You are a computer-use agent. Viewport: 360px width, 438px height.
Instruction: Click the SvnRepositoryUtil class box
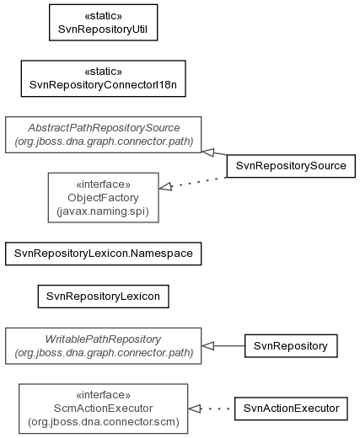pyautogui.click(x=103, y=23)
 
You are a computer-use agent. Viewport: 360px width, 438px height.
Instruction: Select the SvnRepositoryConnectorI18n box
pyautogui.click(x=103, y=78)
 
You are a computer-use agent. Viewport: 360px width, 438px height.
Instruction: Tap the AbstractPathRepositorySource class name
pyautogui.click(x=104, y=128)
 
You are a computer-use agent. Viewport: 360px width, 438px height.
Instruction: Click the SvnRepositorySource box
pyautogui.click(x=291, y=166)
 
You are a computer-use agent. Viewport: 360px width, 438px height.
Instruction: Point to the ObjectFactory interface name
pyautogui.click(x=103, y=198)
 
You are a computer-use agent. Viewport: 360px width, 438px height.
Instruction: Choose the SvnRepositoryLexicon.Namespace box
pyautogui.click(x=103, y=254)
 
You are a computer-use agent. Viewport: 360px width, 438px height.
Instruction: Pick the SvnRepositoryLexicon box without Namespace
pyautogui.click(x=103, y=296)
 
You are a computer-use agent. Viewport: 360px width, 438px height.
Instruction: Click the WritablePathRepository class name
pyautogui.click(x=103, y=339)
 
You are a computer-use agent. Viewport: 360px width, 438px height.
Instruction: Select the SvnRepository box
pyautogui.click(x=291, y=346)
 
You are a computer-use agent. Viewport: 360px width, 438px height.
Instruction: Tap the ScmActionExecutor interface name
pyautogui.click(x=103, y=409)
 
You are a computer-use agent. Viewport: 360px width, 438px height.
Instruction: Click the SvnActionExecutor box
pyautogui.click(x=291, y=409)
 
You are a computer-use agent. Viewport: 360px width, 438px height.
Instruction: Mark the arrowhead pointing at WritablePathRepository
pyautogui.click(x=207, y=346)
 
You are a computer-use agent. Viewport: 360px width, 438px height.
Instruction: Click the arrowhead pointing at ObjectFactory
pyautogui.click(x=165, y=186)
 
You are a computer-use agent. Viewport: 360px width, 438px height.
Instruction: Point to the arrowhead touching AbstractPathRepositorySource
pyautogui.click(x=208, y=152)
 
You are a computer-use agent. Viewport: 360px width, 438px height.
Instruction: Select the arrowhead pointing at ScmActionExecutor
pyautogui.click(x=194, y=409)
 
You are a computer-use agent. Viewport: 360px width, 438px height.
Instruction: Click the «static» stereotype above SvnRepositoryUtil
pyautogui.click(x=103, y=16)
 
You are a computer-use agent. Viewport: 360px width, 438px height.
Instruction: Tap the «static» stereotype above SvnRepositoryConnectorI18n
pyautogui.click(x=103, y=72)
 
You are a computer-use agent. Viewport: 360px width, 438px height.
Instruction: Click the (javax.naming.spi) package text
pyautogui.click(x=103, y=211)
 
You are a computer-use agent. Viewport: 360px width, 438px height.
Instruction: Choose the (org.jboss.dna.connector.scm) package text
pyautogui.click(x=104, y=422)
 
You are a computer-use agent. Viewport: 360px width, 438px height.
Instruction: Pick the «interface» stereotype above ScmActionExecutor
pyautogui.click(x=103, y=395)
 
